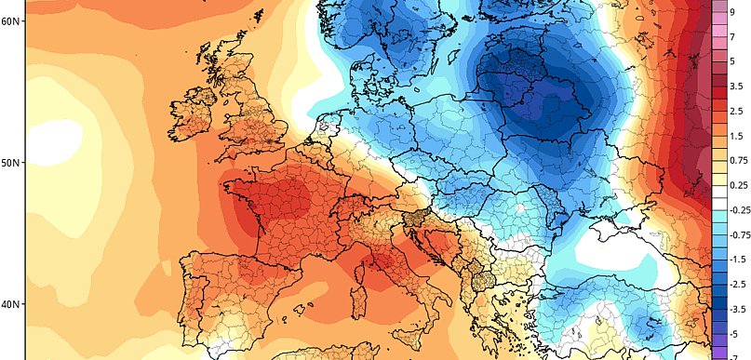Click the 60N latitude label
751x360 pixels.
click(x=12, y=20)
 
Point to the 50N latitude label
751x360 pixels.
click(x=12, y=163)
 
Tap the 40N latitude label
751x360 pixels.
click(x=12, y=304)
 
